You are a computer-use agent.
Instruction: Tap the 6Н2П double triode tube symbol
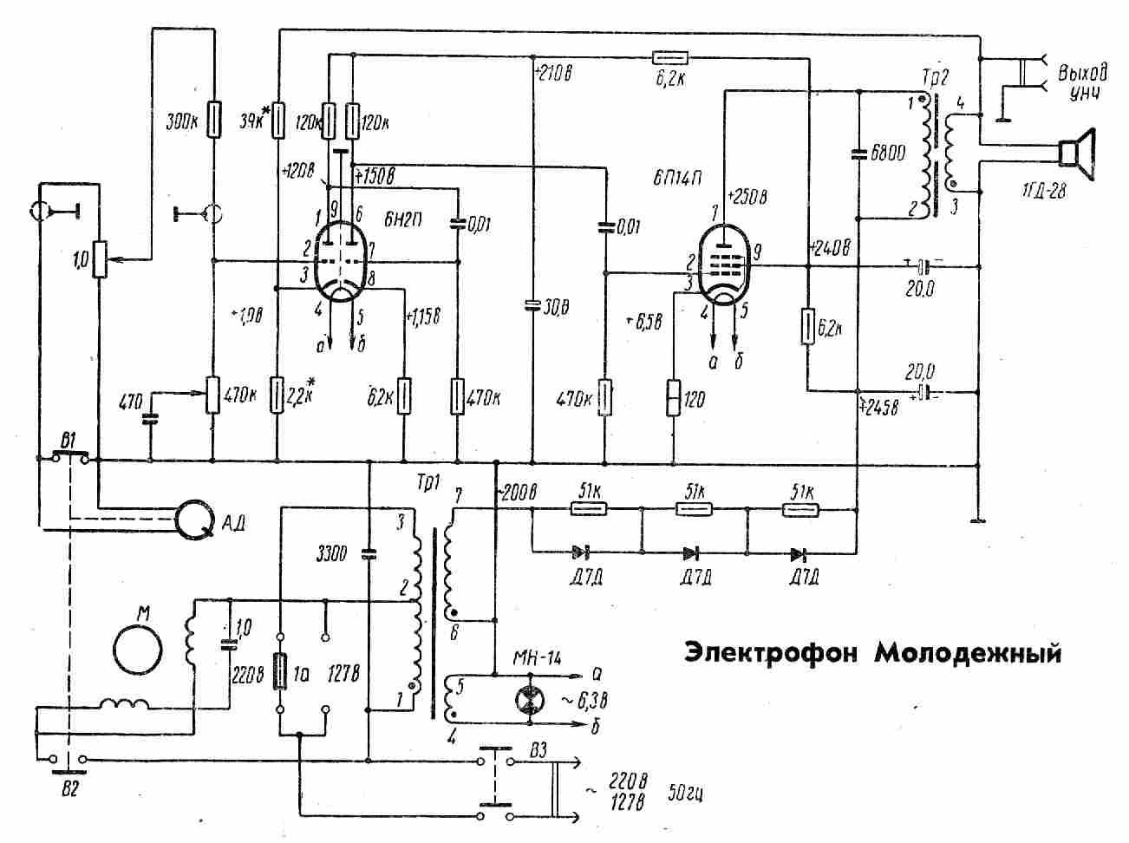pos(339,257)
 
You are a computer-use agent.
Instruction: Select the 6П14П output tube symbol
pos(725,265)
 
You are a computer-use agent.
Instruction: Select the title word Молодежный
pos(967,651)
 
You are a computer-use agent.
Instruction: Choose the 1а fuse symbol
pos(280,671)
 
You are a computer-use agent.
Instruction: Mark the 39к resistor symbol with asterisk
pos(278,121)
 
